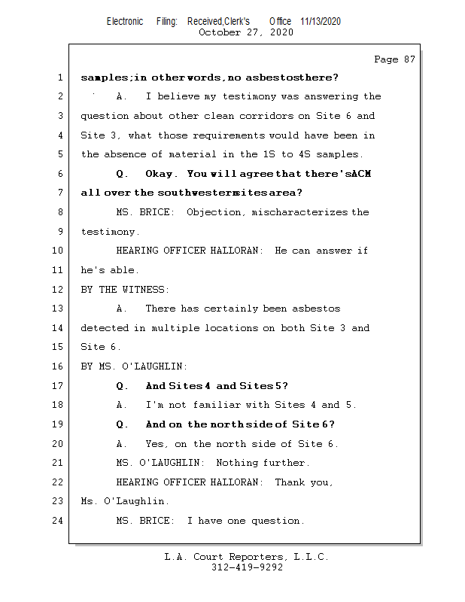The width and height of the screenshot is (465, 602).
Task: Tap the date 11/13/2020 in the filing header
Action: tap(320, 22)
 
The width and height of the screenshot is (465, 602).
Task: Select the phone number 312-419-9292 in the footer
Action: tap(248, 567)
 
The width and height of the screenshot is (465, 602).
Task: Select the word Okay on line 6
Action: tap(160, 174)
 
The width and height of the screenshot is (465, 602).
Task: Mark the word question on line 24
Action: tap(278, 520)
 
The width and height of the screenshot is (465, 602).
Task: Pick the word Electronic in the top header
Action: tap(125, 22)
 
